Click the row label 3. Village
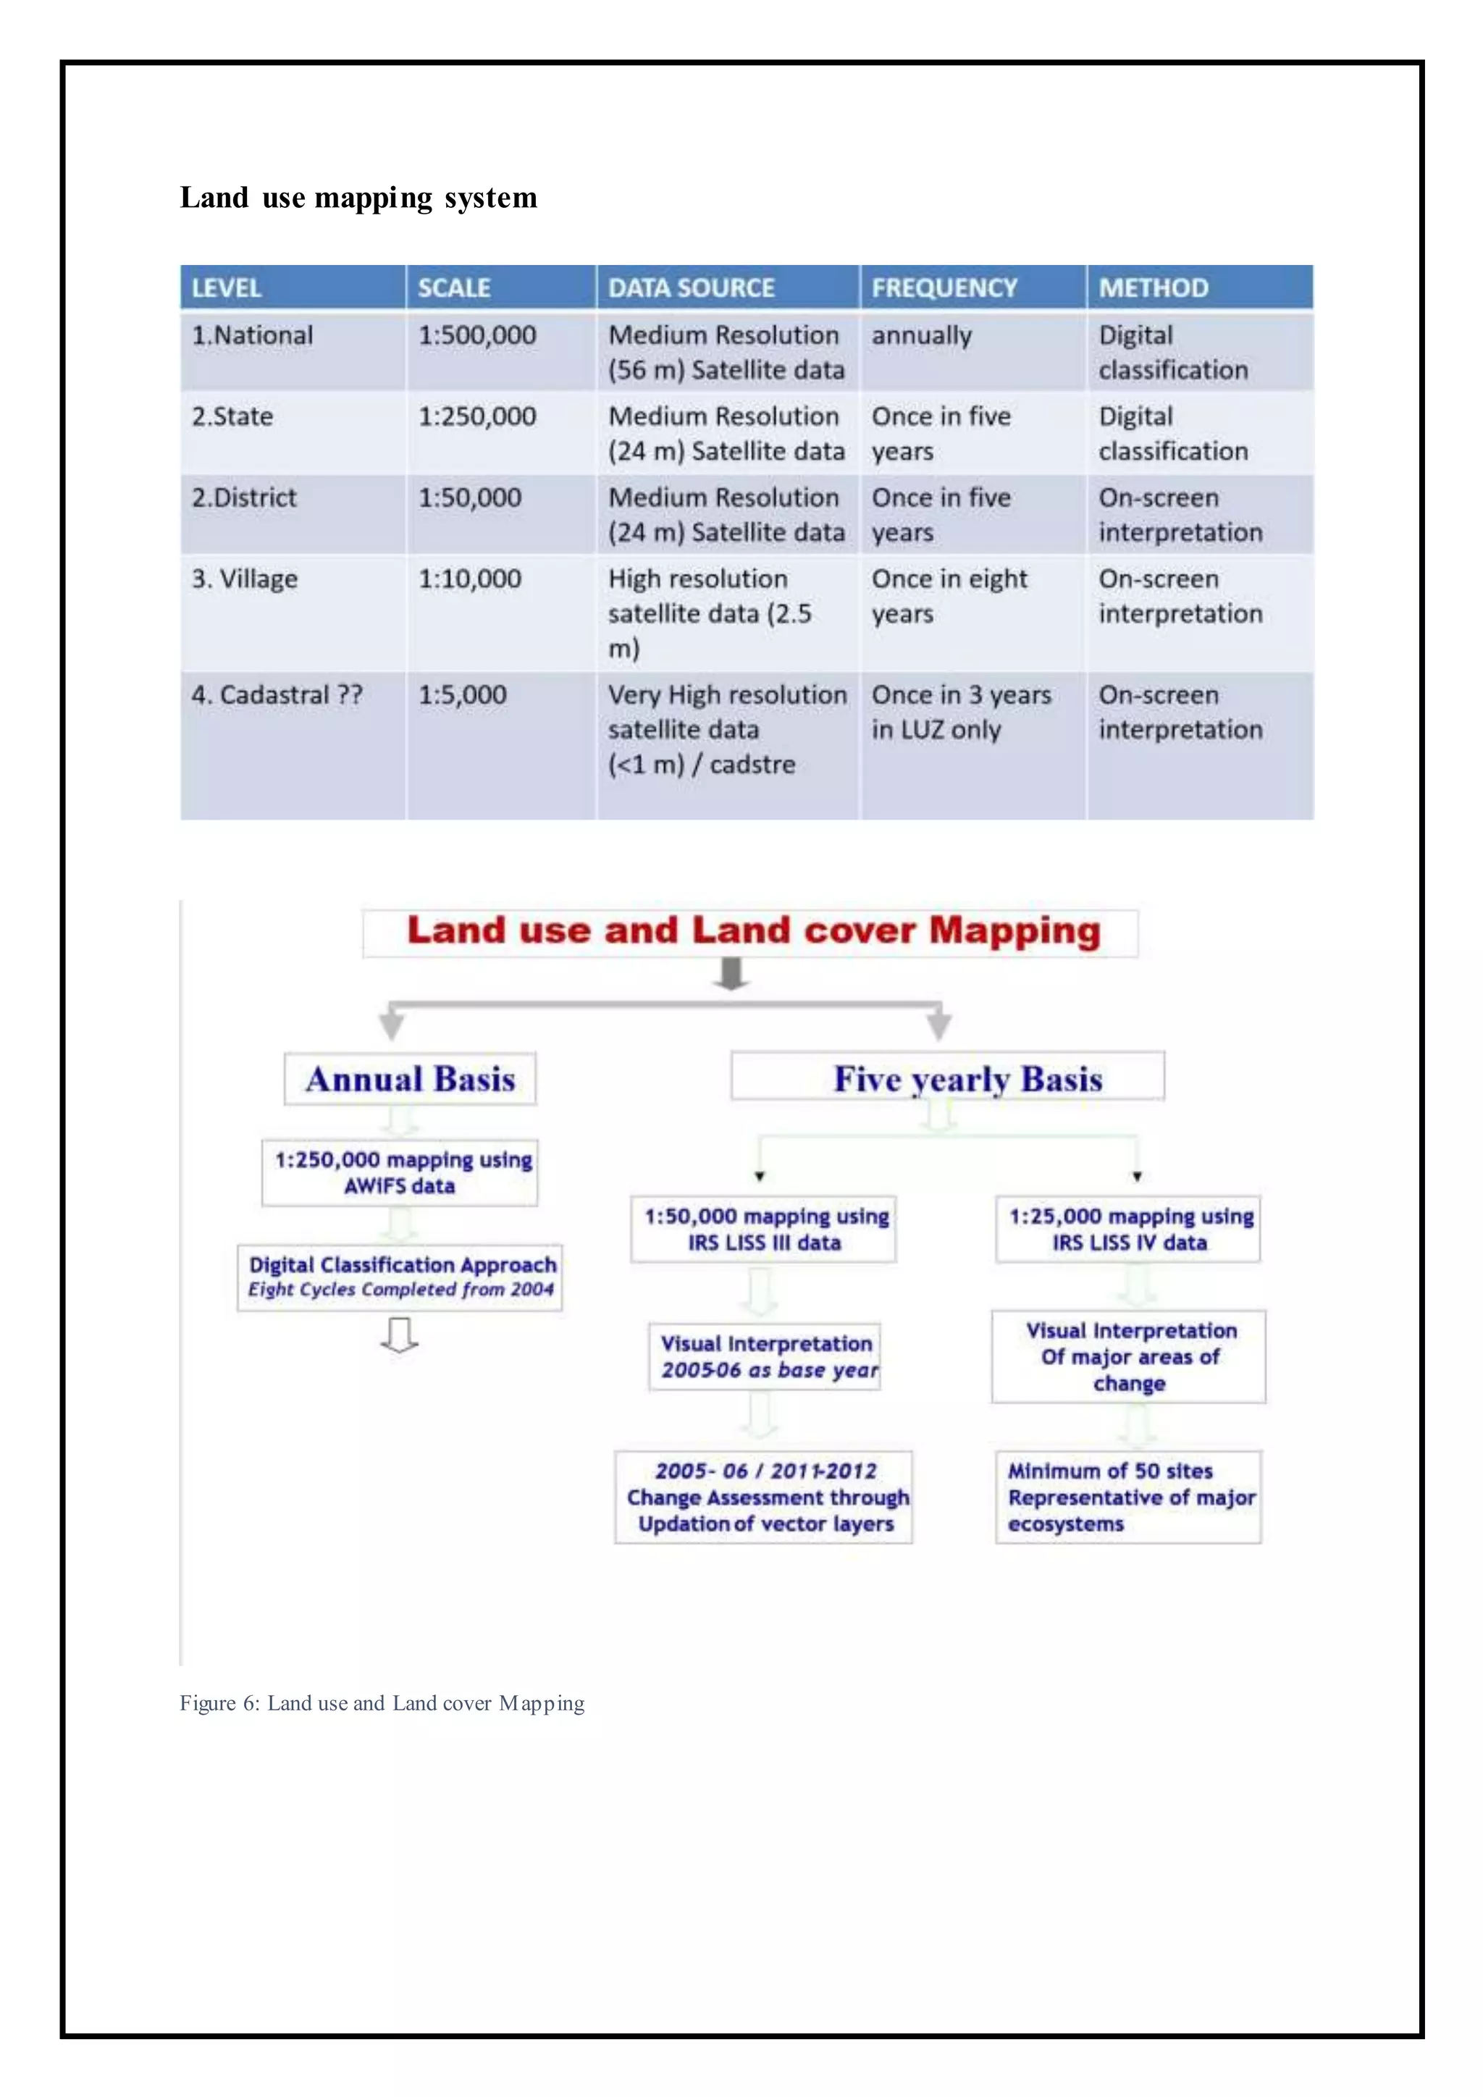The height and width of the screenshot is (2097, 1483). [244, 579]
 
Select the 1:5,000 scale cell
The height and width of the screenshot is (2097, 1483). [462, 695]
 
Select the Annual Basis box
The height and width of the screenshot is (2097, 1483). [410, 1079]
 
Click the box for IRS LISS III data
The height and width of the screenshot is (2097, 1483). [765, 1230]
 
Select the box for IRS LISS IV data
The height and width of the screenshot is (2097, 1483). [1129, 1230]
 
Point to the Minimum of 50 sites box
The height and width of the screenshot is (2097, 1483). [1129, 1497]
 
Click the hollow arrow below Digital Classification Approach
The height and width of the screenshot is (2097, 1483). [399, 1335]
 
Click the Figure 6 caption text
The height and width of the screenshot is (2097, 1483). [382, 1703]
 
